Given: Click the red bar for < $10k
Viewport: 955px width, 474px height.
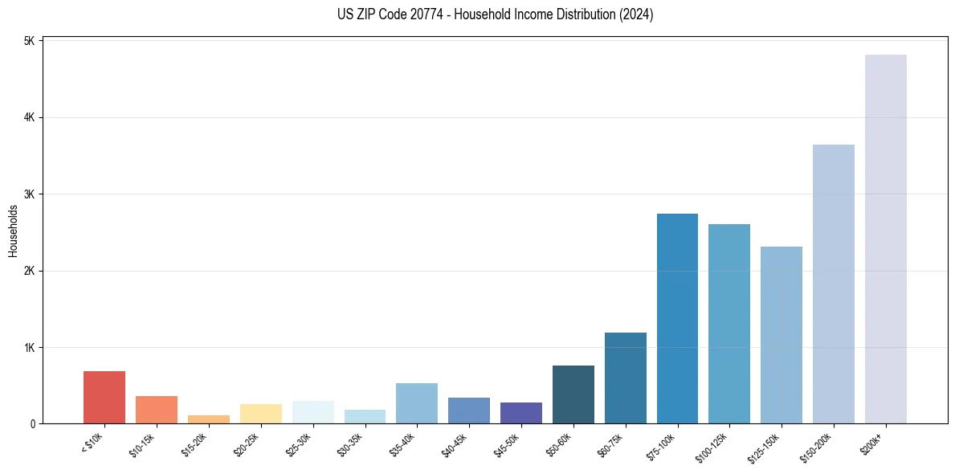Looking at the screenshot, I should [x=104, y=397].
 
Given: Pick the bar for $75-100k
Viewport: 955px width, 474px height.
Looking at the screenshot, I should [x=677, y=318].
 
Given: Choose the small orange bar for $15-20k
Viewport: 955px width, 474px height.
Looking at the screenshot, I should [x=209, y=419].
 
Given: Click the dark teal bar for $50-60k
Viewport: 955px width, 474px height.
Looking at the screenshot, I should [x=573, y=394].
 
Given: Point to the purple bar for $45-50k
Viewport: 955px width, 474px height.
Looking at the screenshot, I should [x=521, y=413].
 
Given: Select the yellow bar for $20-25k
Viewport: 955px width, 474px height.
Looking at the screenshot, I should [x=261, y=414].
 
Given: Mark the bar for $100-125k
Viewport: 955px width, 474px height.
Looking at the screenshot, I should [x=729, y=324].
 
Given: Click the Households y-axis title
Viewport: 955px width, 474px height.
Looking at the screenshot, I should [x=13, y=231].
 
